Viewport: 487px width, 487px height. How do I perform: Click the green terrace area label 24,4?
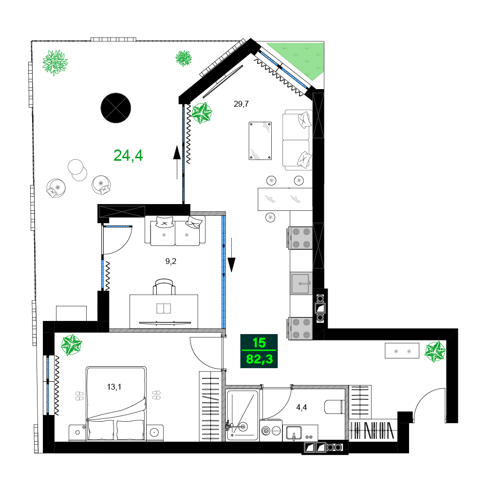(x=128, y=155)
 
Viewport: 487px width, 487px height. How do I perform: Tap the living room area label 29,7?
(x=241, y=104)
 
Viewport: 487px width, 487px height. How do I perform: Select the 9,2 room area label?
(x=170, y=261)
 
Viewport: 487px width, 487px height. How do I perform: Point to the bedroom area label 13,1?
(x=114, y=387)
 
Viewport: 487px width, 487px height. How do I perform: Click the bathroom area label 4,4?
(x=301, y=407)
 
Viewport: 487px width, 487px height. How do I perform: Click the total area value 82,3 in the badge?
(x=260, y=359)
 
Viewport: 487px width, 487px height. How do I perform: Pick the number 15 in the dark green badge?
(x=259, y=343)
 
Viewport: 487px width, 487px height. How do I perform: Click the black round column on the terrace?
(x=116, y=108)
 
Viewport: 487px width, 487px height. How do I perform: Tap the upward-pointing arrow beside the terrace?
(x=177, y=163)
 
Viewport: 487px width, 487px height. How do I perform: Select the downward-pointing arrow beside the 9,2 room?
(x=231, y=255)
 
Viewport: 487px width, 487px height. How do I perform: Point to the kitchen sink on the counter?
(x=301, y=283)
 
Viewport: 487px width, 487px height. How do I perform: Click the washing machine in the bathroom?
(x=271, y=431)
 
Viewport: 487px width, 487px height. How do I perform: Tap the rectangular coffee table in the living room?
(x=260, y=141)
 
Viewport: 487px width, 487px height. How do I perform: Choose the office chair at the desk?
(x=164, y=287)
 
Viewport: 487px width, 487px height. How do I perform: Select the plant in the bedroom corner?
(x=72, y=344)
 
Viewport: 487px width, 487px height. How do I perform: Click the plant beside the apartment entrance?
(x=435, y=351)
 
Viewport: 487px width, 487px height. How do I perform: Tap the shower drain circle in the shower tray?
(x=243, y=427)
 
